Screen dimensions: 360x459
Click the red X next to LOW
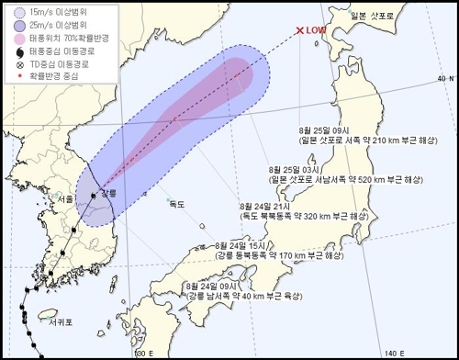(299, 29)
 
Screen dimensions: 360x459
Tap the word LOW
(317, 30)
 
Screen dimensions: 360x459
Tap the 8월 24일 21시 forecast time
(263, 207)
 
